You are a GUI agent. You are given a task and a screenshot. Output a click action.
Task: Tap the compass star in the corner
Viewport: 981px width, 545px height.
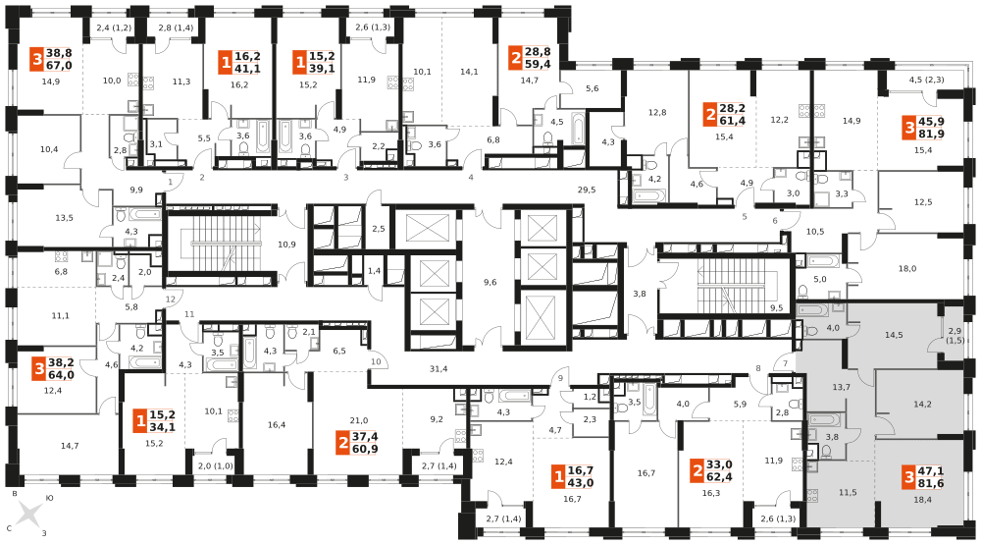coord(29,513)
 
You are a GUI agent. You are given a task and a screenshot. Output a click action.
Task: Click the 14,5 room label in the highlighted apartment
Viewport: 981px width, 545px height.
coord(894,335)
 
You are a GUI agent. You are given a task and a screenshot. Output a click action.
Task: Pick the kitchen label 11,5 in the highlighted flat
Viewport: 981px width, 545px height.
coord(848,492)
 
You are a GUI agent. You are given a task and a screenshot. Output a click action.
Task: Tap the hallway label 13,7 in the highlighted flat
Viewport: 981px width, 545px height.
coord(841,387)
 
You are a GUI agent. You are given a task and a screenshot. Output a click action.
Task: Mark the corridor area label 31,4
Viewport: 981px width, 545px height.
coord(438,369)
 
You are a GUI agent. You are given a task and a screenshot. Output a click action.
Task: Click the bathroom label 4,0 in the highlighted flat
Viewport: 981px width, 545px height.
coord(833,328)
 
